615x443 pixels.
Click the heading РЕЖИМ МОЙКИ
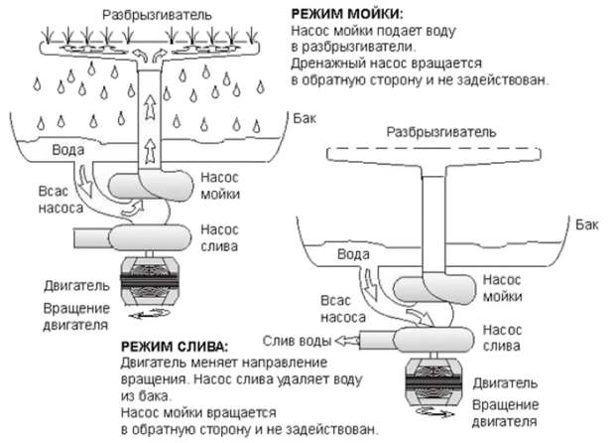click(x=346, y=14)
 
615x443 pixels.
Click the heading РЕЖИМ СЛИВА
click(x=171, y=348)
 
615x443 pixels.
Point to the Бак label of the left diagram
click(x=307, y=116)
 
